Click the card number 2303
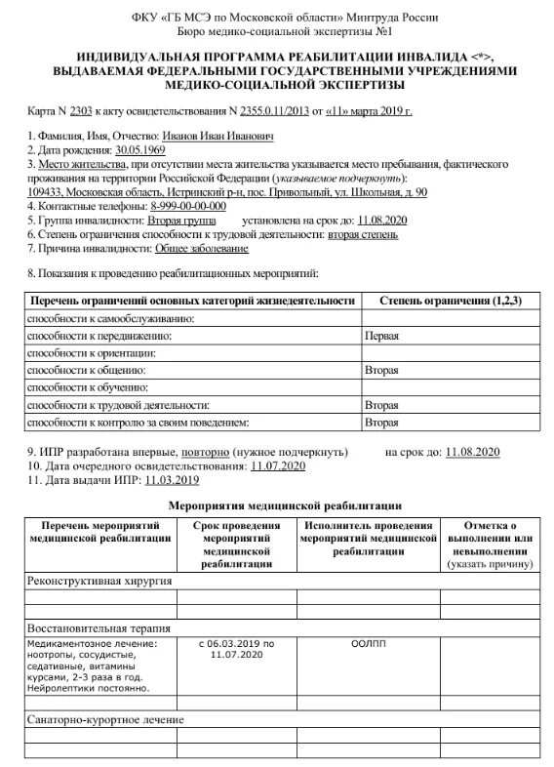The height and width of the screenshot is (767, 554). pos(81,112)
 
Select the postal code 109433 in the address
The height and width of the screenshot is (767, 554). pos(45,192)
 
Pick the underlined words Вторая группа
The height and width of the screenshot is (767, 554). pos(180,221)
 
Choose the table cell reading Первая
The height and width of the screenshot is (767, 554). pos(381,335)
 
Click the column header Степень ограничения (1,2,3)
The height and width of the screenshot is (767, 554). pos(450,301)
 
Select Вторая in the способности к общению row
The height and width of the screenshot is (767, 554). pos(381,370)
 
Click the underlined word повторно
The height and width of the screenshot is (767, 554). pos(206,453)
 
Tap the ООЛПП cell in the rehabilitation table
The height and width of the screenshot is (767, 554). pos(368,644)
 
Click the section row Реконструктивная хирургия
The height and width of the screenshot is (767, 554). pos(99,581)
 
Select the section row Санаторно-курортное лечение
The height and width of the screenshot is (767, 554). pos(105,720)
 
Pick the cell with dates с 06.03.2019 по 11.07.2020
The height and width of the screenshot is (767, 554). pos(236,650)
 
